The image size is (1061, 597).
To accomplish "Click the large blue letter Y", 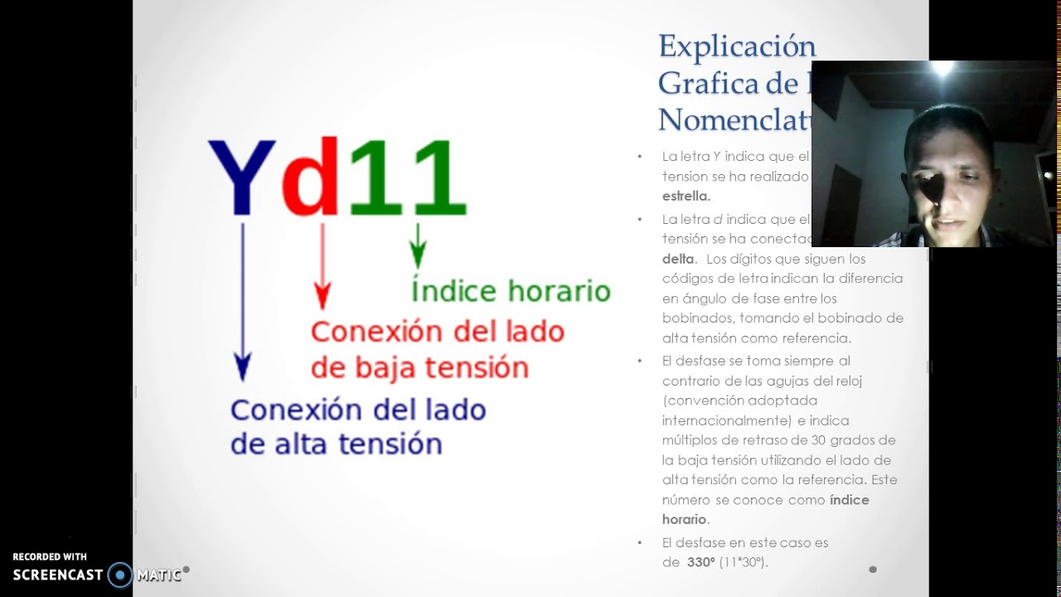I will (x=241, y=178).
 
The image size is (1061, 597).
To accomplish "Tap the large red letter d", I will (x=311, y=178).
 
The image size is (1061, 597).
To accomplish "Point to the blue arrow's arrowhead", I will (x=242, y=366).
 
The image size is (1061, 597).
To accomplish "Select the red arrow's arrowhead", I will (x=322, y=296).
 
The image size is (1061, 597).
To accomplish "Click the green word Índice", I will (x=453, y=291).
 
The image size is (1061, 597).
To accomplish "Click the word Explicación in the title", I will (x=737, y=46).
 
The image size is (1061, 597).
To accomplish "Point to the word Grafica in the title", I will (x=709, y=83).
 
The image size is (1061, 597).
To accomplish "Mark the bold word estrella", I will (x=686, y=197).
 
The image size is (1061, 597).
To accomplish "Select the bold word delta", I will (x=678, y=259).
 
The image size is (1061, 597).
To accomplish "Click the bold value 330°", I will (x=701, y=562).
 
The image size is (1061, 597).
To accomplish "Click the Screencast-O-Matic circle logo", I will (x=120, y=575).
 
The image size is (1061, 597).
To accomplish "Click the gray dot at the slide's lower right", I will (x=872, y=569).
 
